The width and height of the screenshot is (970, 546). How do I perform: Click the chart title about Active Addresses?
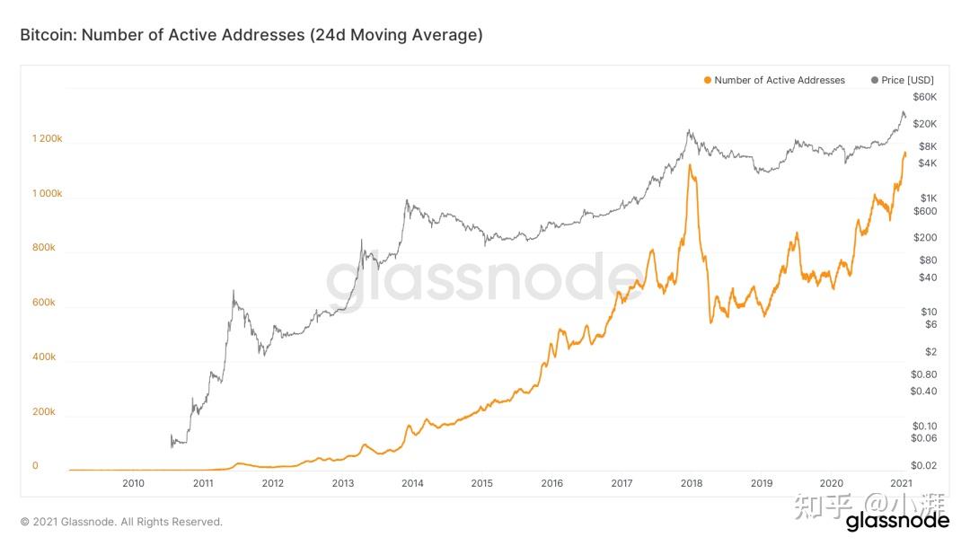click(251, 35)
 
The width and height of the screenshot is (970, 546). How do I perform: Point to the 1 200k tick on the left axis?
click(47, 139)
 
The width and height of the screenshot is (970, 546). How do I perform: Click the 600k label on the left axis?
click(43, 303)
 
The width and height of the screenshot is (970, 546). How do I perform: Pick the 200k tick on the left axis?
click(43, 412)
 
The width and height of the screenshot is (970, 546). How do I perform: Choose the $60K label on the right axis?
click(924, 97)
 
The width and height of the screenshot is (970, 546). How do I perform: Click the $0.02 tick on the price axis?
click(922, 465)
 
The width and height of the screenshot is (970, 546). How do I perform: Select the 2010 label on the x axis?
click(133, 483)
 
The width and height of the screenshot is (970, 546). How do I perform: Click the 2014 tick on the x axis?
click(412, 483)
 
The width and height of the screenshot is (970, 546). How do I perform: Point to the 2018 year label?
click(692, 483)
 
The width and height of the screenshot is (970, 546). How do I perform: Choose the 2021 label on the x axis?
click(902, 483)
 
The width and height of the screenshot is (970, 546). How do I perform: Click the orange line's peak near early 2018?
click(690, 165)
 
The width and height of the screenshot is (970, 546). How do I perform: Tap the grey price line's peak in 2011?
click(234, 291)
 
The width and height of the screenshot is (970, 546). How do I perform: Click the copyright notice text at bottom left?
click(121, 522)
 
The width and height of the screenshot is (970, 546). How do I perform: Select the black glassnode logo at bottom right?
click(897, 520)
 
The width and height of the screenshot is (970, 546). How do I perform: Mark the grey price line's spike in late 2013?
click(406, 201)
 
